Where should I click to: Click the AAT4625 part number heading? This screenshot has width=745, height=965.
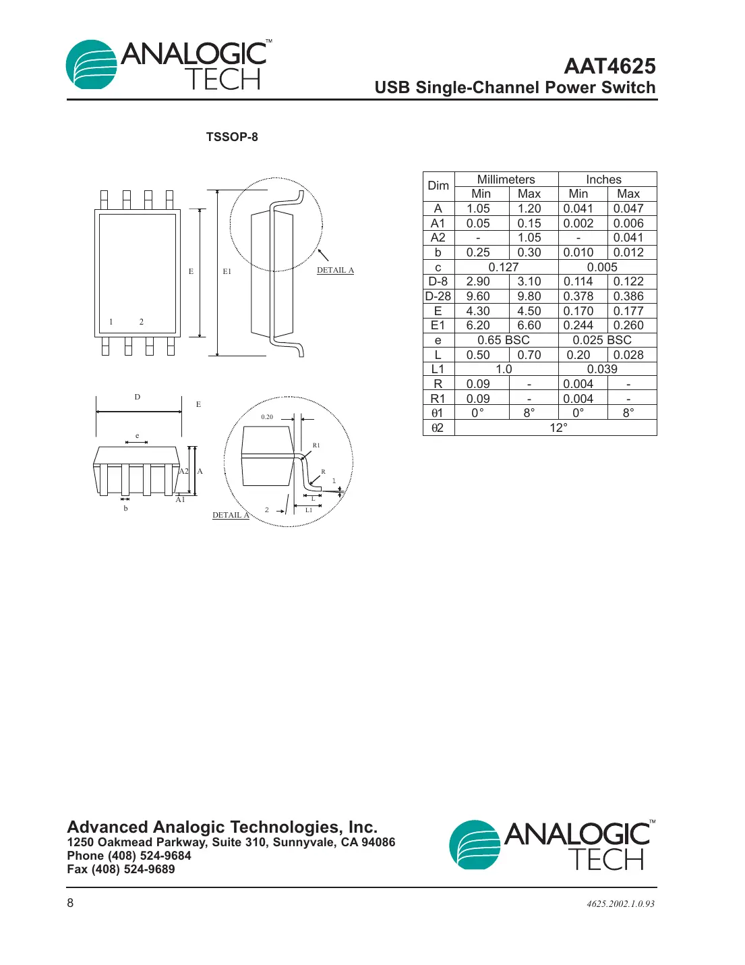(x=609, y=66)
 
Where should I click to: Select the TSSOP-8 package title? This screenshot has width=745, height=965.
(x=232, y=137)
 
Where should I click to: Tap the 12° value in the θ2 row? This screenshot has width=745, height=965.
(x=558, y=428)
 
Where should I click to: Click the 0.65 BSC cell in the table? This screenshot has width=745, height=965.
(x=503, y=340)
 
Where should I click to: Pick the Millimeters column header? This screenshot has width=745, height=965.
(x=506, y=180)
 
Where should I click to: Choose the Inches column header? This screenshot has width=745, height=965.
(x=603, y=180)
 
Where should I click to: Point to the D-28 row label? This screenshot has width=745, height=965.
(x=438, y=296)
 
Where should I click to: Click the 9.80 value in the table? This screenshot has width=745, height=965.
(x=529, y=296)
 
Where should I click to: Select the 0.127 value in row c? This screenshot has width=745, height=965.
(x=503, y=267)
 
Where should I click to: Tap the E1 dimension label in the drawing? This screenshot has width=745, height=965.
(x=227, y=271)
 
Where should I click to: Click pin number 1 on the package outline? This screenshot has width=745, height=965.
(x=111, y=322)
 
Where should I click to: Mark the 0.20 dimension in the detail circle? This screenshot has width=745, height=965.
(x=267, y=417)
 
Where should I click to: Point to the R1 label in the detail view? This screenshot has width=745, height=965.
(x=316, y=445)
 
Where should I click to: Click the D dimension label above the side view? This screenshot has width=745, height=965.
(x=138, y=397)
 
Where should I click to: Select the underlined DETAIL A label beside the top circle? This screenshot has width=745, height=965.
(x=335, y=270)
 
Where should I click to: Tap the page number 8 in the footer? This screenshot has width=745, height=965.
(x=70, y=903)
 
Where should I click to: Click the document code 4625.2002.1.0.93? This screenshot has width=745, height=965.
(x=620, y=904)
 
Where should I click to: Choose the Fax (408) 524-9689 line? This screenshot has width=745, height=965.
(x=121, y=869)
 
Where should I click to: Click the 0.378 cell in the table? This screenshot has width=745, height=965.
(x=578, y=296)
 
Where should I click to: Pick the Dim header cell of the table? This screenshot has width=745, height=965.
(x=438, y=186)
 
